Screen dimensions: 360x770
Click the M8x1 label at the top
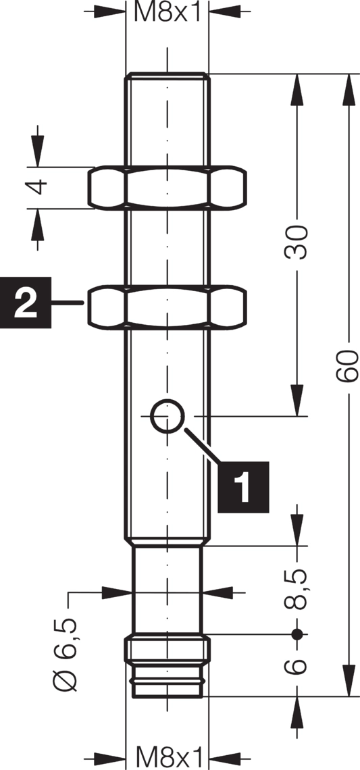coord(168,11)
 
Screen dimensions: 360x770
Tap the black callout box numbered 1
coord(243,486)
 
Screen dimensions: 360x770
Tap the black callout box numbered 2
coord(26,303)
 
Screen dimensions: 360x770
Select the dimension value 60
coord(349,366)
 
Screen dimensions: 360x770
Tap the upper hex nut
coord(167,188)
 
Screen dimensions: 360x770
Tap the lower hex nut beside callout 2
coord(167,307)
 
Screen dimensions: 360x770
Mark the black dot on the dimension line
coord(297,634)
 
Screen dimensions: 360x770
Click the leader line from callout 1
coord(202,445)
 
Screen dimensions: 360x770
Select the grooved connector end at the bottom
coord(167,667)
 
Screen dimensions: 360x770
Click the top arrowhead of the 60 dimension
coord(349,89)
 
